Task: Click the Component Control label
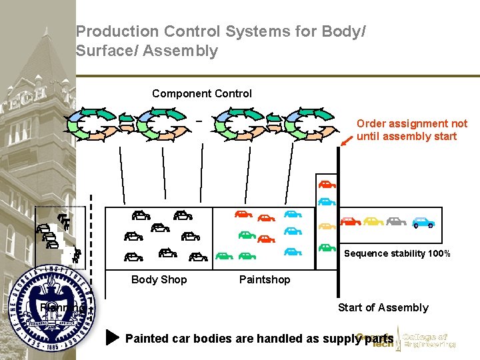[202, 94]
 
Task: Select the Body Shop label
[159, 279]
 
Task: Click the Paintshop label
[265, 279]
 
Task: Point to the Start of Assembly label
[383, 307]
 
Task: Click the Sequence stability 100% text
[397, 253]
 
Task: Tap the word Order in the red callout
[372, 123]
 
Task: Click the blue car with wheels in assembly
[423, 222]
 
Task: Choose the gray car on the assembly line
[396, 221]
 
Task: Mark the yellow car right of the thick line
[373, 221]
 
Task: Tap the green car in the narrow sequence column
[327, 247]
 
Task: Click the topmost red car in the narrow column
[327, 184]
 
